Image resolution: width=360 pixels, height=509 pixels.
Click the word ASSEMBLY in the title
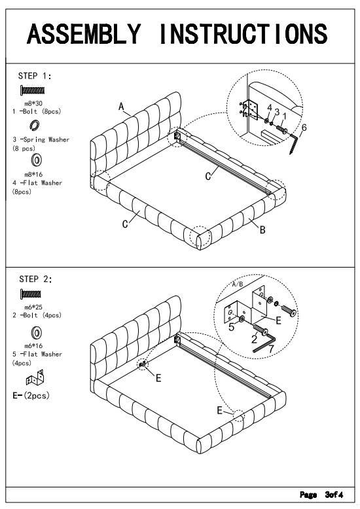[84, 34]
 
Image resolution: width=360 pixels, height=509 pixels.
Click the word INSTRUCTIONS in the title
[243, 34]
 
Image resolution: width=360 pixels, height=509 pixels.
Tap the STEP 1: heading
[35, 76]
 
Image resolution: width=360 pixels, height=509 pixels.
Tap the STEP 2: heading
[35, 279]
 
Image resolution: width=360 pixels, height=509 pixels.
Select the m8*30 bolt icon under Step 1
[32, 90]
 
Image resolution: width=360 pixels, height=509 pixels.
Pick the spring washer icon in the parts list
[35, 126]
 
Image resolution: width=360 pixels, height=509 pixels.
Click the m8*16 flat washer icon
[36, 160]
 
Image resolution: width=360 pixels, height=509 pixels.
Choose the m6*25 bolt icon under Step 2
[31, 294]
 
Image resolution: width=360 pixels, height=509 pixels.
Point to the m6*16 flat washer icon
[36, 332]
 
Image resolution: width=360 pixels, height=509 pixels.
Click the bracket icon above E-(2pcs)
[35, 377]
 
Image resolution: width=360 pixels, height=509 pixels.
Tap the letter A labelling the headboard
[121, 106]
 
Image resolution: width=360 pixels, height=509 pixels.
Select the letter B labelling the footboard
[262, 230]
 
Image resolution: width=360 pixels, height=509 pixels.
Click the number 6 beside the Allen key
[304, 128]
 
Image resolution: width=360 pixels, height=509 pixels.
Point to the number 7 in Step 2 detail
[270, 349]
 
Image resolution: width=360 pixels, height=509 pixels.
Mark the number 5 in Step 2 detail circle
[231, 327]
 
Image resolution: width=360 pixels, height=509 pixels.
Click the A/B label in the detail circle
[238, 285]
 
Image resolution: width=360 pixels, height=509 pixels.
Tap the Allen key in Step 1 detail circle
[294, 143]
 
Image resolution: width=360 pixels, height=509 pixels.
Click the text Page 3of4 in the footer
[321, 495]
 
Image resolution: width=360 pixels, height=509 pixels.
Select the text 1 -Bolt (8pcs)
[37, 111]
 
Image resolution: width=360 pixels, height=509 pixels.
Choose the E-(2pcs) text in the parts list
[31, 395]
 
